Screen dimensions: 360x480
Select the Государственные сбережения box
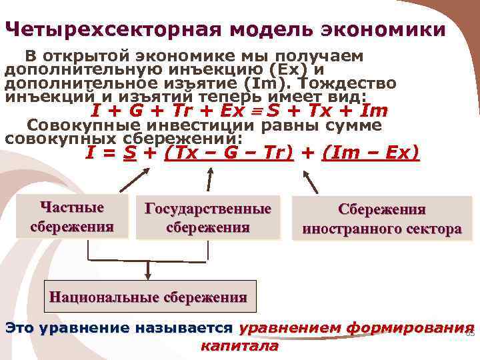[x=208, y=217]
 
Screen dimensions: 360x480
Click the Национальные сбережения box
[x=148, y=297]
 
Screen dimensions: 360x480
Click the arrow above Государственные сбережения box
[x=209, y=179]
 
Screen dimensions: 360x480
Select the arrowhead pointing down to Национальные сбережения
[x=147, y=275]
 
